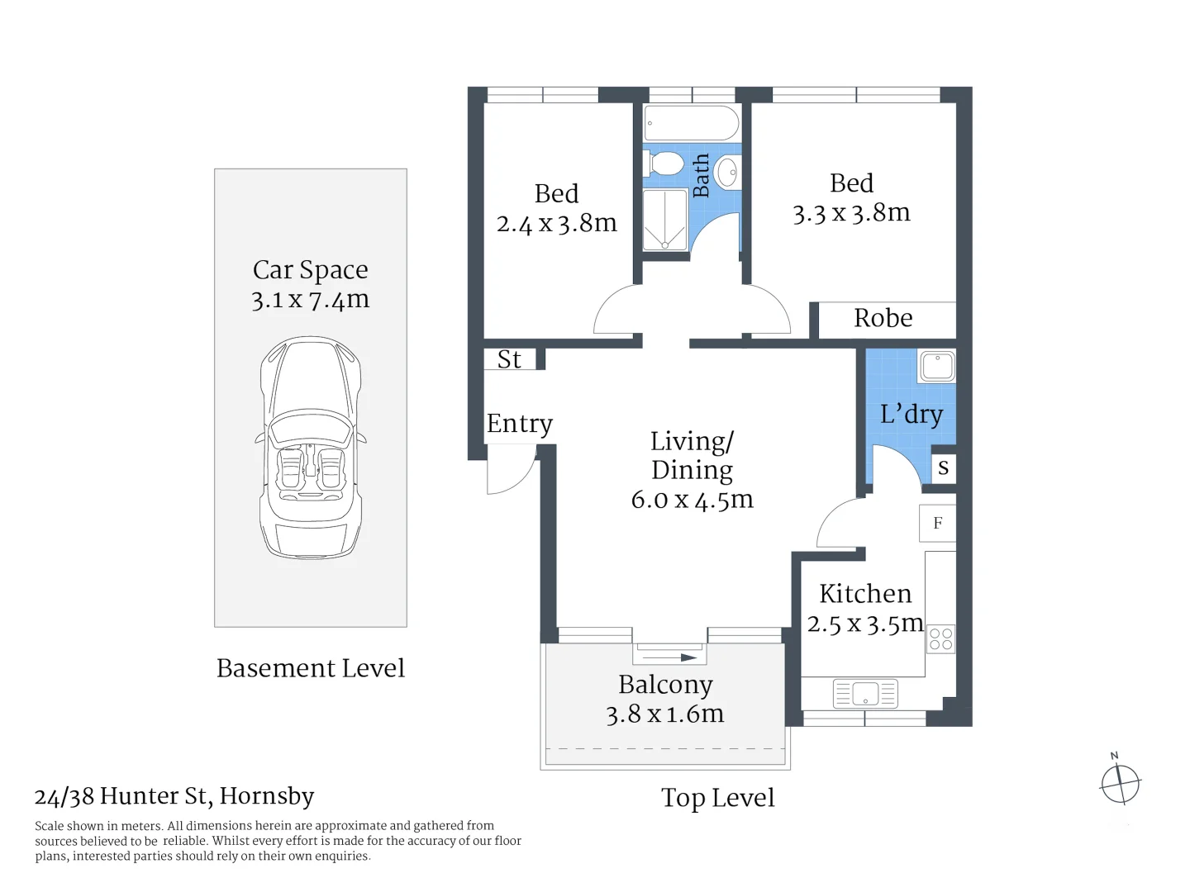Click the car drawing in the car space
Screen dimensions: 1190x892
[x=310, y=447]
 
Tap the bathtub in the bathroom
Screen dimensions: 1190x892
[x=691, y=123]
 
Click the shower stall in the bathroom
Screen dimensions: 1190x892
[x=664, y=220]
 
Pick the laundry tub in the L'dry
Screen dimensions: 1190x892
[x=937, y=366]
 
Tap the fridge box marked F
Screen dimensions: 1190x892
[x=937, y=523]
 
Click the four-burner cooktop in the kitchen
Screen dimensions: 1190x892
[x=940, y=639]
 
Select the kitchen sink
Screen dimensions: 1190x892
[x=865, y=694]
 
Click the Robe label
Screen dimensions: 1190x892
[x=883, y=318]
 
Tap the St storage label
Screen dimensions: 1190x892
[x=509, y=359]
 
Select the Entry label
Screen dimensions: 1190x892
[x=519, y=424]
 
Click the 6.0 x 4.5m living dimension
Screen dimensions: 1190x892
[x=693, y=500]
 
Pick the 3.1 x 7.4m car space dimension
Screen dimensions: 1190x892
[x=310, y=300]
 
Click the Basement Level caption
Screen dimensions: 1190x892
[x=311, y=668]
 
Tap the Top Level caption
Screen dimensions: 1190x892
[x=718, y=798]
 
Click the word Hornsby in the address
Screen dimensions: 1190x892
[x=267, y=796]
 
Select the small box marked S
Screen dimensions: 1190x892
[x=944, y=467]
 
